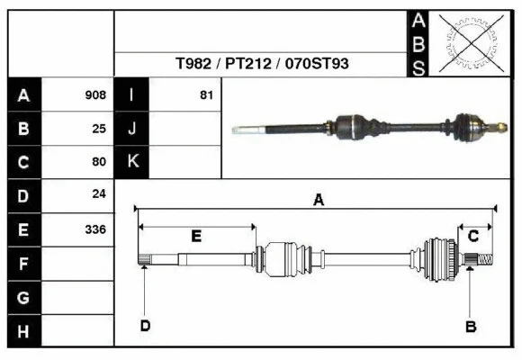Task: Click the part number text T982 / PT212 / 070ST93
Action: pos(263,65)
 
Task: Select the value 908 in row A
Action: pos(95,94)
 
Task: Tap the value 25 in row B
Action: pos(99,128)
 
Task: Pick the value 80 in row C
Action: pos(99,162)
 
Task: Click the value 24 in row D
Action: pos(99,193)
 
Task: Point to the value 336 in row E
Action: pos(95,229)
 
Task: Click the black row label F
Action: pos(24,265)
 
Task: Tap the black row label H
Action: pos(24,332)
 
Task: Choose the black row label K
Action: pos(132,162)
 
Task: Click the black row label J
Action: pos(132,128)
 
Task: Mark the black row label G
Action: pos(24,298)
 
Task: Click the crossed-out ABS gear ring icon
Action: pos(467,42)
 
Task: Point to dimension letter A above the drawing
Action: pos(318,201)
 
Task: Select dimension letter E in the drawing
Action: pos(196,236)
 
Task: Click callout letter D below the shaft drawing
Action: pos(144,326)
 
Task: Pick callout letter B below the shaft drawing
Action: pos(470,327)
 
